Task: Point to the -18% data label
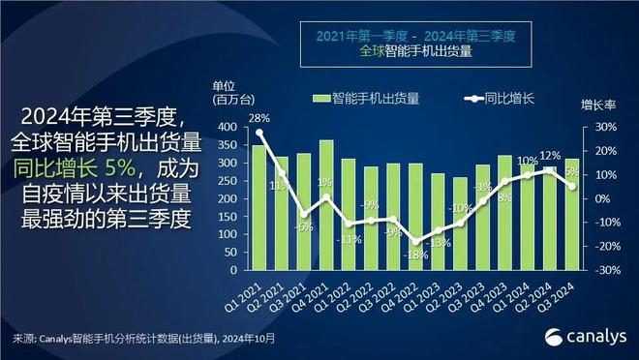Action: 415,255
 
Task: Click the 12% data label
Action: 550,156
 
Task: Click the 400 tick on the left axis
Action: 228,127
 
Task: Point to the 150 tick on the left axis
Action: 228,217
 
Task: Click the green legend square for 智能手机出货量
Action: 320,98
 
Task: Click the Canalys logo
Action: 585,335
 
